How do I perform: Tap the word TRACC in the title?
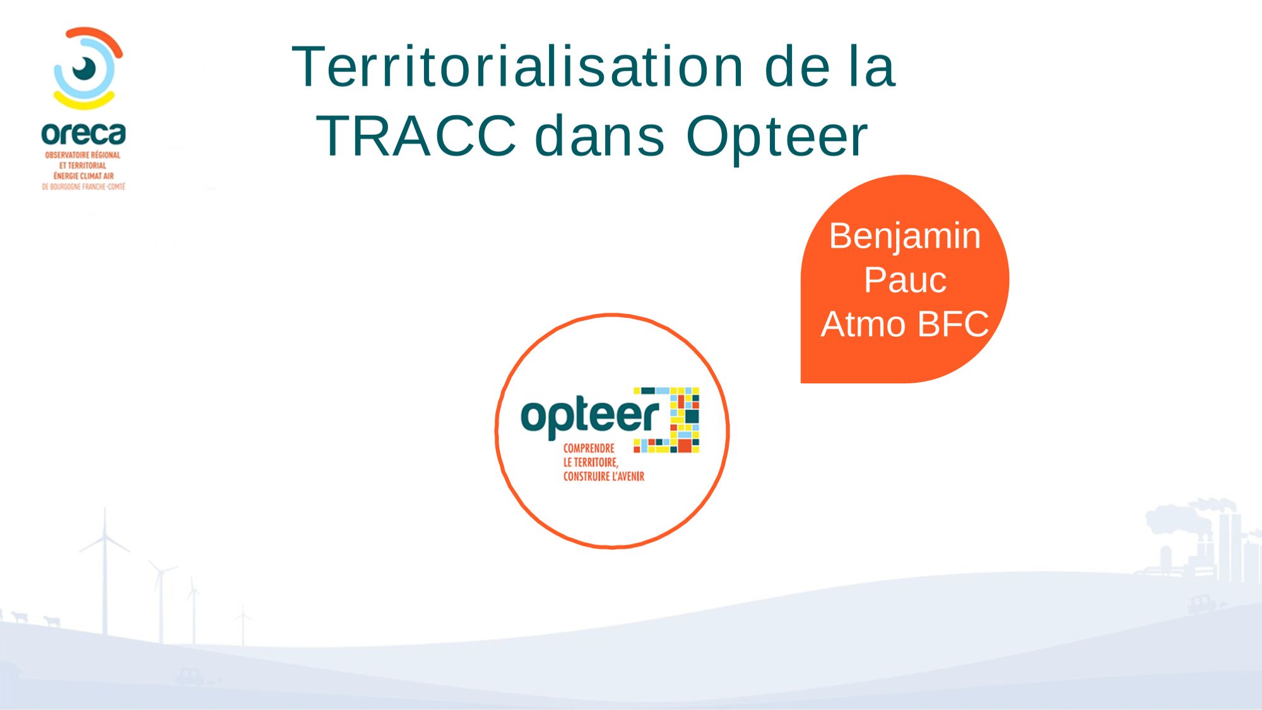click(416, 136)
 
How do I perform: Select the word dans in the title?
click(600, 136)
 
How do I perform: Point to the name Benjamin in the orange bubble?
click(905, 237)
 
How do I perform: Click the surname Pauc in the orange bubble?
click(905, 280)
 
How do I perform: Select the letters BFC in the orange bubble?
click(953, 324)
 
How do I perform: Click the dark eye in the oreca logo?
click(85, 68)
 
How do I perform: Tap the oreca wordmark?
click(83, 134)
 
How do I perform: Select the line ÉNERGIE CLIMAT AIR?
click(83, 176)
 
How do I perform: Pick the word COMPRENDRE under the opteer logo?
click(589, 448)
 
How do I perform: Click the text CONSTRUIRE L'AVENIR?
click(604, 477)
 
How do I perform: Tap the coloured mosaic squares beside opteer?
click(675, 419)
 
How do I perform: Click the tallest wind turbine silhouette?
click(105, 567)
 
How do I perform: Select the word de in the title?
click(797, 66)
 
